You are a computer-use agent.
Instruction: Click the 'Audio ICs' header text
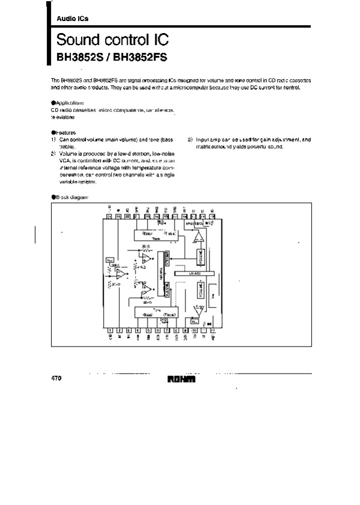(72, 19)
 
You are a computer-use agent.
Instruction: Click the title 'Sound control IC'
(112, 41)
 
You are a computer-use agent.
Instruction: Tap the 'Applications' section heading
(70, 103)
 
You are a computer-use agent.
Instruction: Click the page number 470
(57, 379)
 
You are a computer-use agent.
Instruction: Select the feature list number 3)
(190, 139)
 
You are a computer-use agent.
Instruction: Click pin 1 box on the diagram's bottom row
(110, 330)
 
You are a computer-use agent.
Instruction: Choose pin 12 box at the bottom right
(212, 330)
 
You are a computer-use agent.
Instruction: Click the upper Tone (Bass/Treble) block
(157, 235)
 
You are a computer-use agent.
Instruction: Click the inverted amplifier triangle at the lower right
(199, 310)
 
